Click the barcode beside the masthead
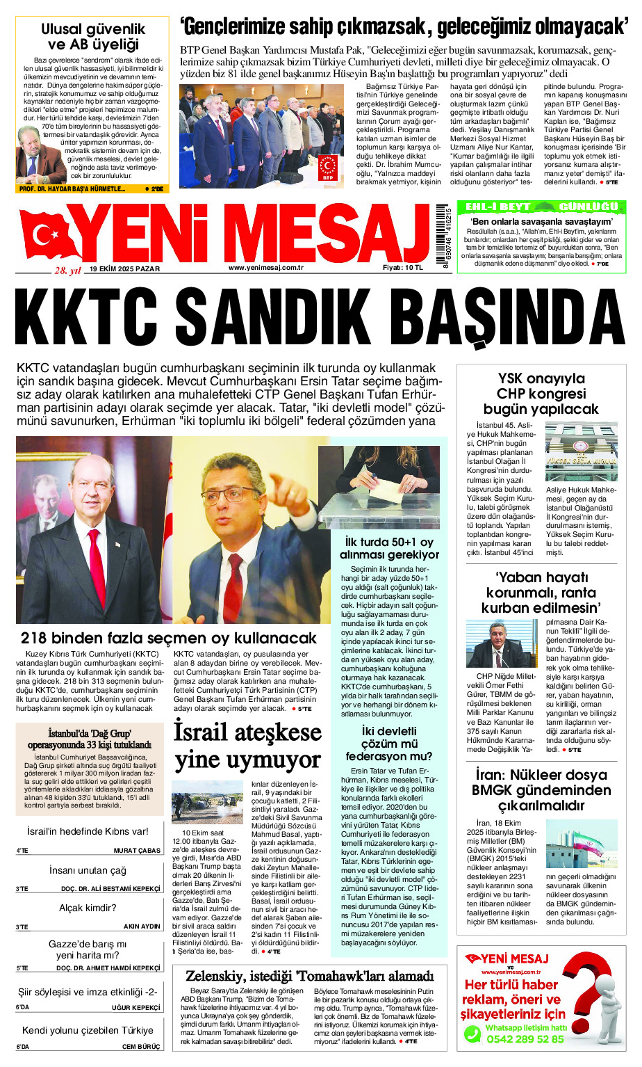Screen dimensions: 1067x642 point(443,236)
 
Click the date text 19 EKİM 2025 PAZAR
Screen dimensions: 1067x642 point(124,269)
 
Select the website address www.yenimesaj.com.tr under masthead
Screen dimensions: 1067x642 point(266,268)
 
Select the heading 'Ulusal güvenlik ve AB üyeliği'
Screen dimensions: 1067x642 point(93,37)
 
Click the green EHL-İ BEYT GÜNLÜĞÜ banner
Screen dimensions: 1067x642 point(541,207)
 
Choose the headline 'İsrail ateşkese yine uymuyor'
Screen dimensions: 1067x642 point(247,746)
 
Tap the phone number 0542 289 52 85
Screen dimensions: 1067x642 point(525,1038)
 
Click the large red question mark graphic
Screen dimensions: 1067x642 point(594,1002)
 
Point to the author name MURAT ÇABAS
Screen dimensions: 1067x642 point(137,851)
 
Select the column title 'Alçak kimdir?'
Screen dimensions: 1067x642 point(88,908)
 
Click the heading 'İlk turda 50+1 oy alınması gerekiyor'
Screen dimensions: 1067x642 point(389,548)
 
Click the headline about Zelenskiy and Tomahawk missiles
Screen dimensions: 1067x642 point(309,976)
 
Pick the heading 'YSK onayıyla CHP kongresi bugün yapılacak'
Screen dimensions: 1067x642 point(541,394)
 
